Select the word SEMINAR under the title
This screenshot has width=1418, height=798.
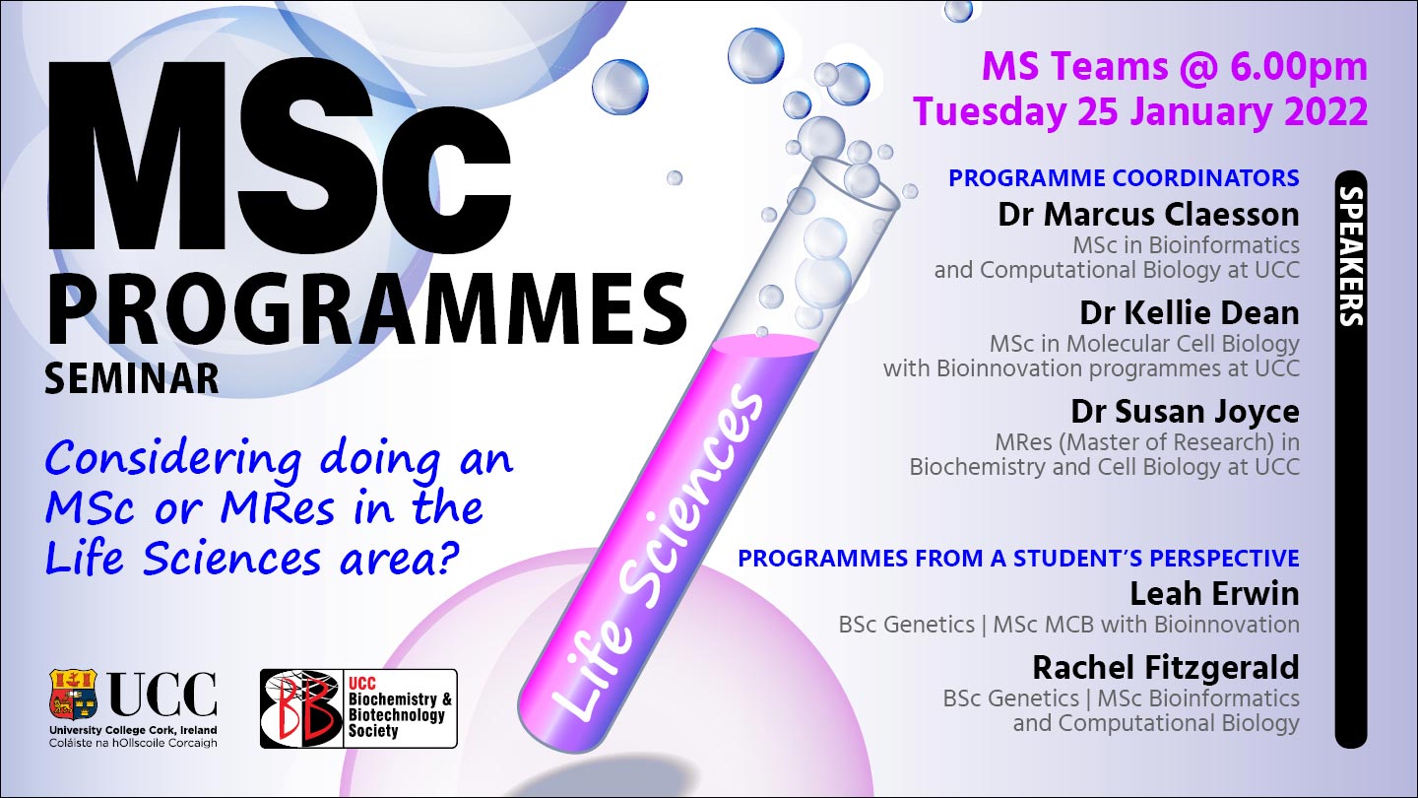[x=132, y=378]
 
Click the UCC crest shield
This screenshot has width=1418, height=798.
[x=73, y=695]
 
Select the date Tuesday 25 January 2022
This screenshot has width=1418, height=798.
[x=1140, y=112]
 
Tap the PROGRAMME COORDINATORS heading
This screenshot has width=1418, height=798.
[x=1124, y=178]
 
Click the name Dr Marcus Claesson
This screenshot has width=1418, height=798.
[x=1148, y=214]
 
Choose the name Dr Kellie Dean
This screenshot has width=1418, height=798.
[x=1190, y=312]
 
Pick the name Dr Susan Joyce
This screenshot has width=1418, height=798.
[x=1185, y=411]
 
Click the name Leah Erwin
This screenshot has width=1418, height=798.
[x=1215, y=593]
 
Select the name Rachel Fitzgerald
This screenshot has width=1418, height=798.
[x=1166, y=667]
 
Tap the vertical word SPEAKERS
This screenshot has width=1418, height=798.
[x=1351, y=256]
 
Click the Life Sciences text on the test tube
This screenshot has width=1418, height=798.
[x=659, y=553]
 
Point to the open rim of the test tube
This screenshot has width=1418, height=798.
[x=856, y=183]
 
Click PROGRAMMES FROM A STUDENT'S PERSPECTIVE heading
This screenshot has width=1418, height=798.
[x=1018, y=558]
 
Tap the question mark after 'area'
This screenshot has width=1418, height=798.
[x=446, y=558]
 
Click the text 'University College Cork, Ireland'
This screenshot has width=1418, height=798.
[x=133, y=730]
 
